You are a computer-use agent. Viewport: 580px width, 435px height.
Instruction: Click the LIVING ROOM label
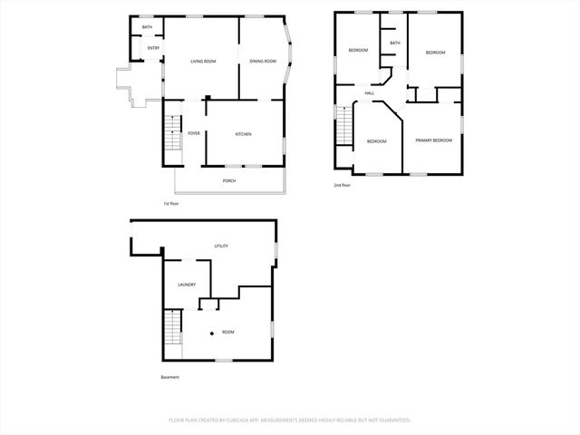[202, 62]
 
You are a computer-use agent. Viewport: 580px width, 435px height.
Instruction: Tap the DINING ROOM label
[262, 62]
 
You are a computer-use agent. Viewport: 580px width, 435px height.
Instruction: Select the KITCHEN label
[243, 134]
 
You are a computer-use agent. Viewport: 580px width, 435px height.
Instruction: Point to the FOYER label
[194, 133]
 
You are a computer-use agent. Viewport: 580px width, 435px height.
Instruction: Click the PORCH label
[229, 181]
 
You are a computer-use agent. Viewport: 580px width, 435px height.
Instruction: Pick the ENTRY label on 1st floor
[153, 48]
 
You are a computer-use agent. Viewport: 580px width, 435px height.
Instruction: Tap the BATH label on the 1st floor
[147, 27]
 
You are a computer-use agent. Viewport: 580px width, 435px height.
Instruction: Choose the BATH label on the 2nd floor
[394, 43]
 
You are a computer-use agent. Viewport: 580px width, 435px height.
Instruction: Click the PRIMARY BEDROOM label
[433, 140]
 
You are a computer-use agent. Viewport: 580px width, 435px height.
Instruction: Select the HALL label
[370, 93]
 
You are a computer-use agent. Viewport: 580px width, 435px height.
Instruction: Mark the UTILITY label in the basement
[220, 246]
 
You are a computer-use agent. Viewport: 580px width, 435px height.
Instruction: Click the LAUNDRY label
[187, 285]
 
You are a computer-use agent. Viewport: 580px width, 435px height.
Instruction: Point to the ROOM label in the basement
[227, 333]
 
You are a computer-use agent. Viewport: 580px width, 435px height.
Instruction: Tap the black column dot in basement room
[212, 333]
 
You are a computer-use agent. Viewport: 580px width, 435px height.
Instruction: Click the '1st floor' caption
[170, 203]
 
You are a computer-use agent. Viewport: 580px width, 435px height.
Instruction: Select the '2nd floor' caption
[343, 185]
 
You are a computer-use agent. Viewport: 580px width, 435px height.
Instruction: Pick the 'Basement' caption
[170, 377]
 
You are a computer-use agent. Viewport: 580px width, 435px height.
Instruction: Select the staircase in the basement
[171, 326]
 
